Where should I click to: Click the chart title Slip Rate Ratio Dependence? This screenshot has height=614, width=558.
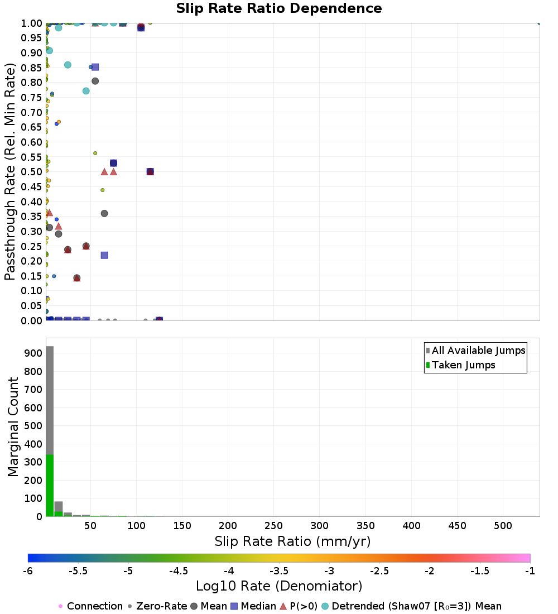pos(279,8)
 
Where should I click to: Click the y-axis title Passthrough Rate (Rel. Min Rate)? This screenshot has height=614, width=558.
pos(10,171)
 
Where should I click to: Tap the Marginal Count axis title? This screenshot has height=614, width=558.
pos(13,427)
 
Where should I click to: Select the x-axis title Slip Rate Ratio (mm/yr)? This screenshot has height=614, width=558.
pos(292,541)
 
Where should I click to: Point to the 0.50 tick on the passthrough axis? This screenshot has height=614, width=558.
pos(31,172)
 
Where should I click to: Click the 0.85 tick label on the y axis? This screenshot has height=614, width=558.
pos(31,68)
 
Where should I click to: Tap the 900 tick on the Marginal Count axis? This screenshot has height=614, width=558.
pos(33,353)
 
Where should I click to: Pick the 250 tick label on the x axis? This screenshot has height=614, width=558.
pos(273,525)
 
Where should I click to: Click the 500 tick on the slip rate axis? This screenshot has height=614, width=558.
pos(503,525)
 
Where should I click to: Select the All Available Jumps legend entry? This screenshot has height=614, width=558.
pos(475,351)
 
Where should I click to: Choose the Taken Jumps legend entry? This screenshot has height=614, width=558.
pos(460,365)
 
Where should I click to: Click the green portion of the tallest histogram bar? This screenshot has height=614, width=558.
pos(50,486)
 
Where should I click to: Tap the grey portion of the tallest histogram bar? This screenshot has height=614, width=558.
pos(50,400)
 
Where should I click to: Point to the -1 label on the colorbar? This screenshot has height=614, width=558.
pos(530,571)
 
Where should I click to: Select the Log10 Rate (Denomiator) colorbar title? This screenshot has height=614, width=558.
pos(279,586)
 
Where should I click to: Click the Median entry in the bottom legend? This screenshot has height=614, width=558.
pos(253,606)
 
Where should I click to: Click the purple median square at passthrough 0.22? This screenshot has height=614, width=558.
pos(104,255)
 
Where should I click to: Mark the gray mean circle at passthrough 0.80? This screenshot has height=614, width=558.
pos(95,81)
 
